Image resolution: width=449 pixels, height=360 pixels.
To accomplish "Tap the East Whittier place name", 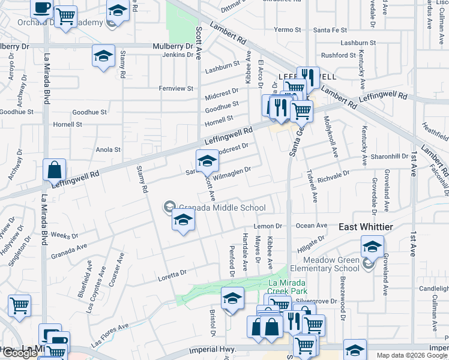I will click(x=366, y=227).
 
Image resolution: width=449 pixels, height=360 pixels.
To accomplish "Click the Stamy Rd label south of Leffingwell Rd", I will click(x=142, y=179).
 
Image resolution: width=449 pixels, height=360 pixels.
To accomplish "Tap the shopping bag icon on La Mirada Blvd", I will click(x=55, y=170).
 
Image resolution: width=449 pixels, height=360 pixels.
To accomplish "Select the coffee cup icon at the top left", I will click(x=41, y=8).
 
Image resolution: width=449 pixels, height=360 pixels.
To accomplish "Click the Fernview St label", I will click(x=176, y=88).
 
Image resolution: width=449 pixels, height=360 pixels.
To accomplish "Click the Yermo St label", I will click(x=287, y=29).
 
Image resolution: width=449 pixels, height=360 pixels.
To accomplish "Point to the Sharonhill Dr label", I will click(x=390, y=156).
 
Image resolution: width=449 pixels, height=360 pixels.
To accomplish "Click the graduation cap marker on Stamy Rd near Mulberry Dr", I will click(x=103, y=56).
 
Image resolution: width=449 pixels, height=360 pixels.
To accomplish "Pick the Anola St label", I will click(x=109, y=149).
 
